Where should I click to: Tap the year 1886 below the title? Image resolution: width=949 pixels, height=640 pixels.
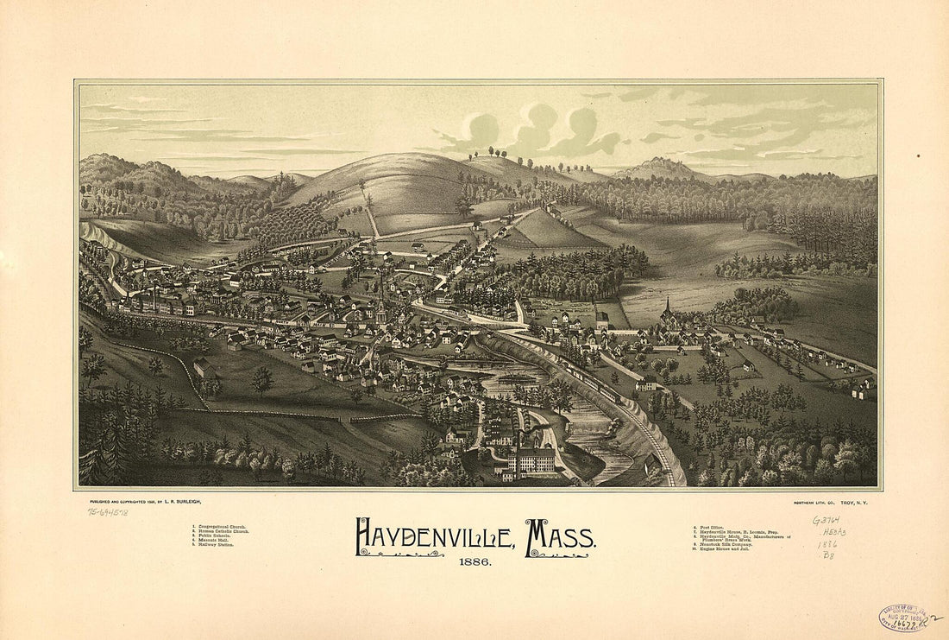pos(474,562)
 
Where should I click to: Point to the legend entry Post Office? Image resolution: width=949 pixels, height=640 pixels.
pos(713,526)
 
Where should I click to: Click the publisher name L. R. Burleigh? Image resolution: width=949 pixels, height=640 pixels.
pos(181,502)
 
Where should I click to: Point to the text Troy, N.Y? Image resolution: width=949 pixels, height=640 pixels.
pos(854,502)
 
